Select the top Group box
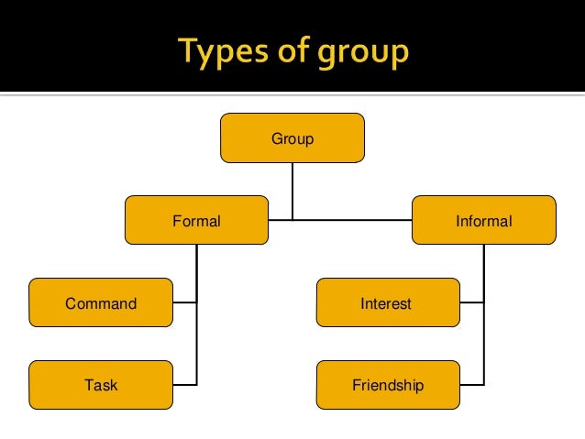(292, 139)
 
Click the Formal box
(196, 220)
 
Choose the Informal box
(483, 220)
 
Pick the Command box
(101, 302)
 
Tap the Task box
(101, 385)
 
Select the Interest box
(388, 302)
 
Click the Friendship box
(388, 385)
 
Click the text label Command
(101, 303)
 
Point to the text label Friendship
(388, 386)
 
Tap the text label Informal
(483, 221)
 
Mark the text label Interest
(386, 303)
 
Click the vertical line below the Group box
(292, 191)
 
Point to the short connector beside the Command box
(184, 302)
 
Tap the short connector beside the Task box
(184, 384)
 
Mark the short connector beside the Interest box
(471, 302)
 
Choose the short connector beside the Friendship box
(471, 384)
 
